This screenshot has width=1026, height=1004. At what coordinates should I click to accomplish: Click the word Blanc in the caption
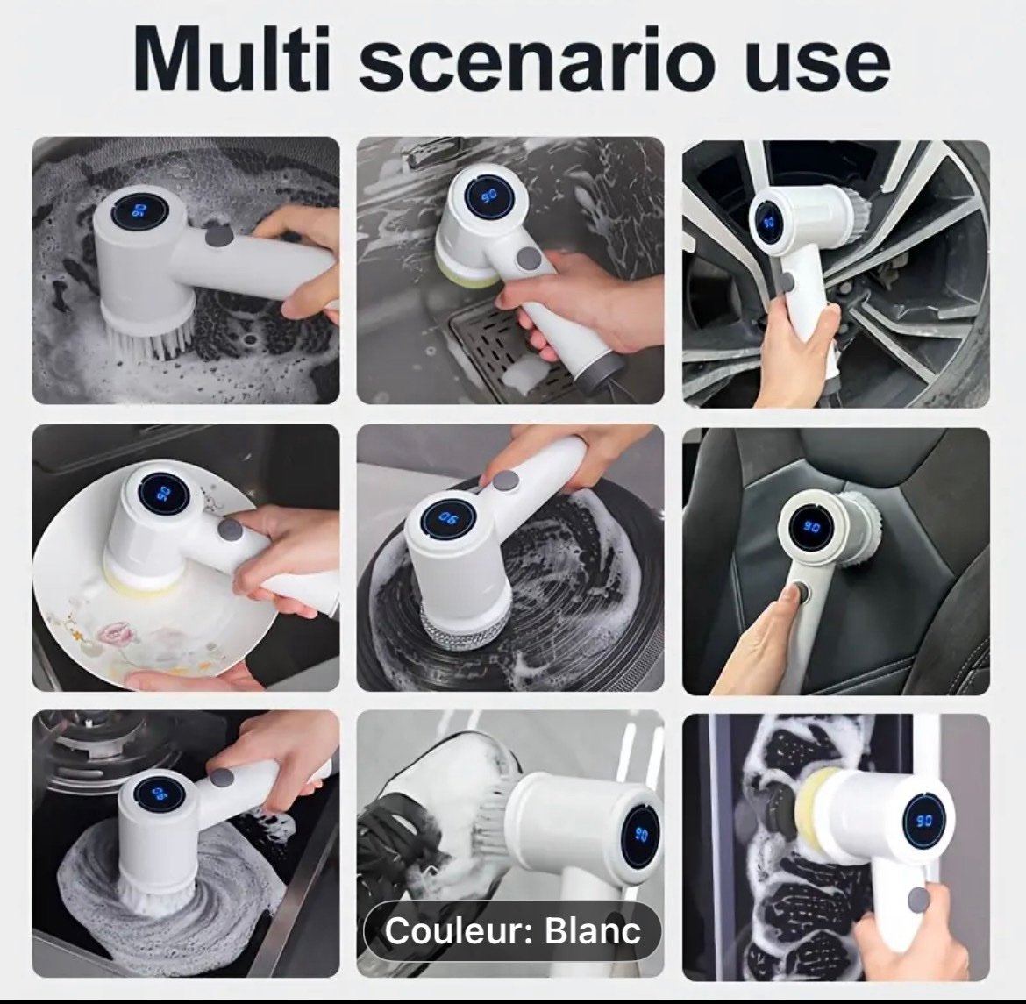[x=593, y=930]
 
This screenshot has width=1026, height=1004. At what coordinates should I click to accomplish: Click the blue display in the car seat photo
[x=809, y=528]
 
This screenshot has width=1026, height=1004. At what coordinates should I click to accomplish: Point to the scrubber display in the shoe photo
[x=640, y=834]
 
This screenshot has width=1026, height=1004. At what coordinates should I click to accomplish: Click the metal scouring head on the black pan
[x=452, y=625]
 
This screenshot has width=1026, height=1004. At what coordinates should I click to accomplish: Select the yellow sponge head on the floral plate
[x=142, y=576]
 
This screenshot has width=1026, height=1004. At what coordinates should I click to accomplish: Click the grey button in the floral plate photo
[x=229, y=529]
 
